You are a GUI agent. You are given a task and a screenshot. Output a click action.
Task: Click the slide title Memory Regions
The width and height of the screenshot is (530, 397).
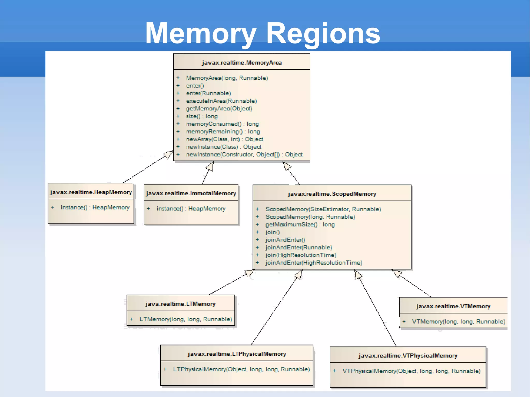[262, 33]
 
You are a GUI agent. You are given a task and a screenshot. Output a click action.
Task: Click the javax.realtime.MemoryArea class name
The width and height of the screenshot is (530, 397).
[242, 63]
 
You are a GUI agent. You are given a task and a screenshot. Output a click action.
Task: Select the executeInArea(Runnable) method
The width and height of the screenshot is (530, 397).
[221, 101]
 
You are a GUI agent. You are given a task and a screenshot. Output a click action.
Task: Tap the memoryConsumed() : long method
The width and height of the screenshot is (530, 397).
[222, 124]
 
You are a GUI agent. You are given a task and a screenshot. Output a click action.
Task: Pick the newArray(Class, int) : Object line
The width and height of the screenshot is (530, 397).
[224, 139]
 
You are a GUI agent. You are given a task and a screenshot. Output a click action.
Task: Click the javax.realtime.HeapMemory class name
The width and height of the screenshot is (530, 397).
[91, 192]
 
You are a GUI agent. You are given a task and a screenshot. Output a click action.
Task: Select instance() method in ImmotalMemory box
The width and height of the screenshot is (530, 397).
[191, 208]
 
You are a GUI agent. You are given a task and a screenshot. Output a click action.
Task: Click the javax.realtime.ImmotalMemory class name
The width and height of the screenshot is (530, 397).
[191, 193]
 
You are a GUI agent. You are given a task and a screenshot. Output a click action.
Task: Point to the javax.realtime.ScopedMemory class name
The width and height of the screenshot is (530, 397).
[332, 194]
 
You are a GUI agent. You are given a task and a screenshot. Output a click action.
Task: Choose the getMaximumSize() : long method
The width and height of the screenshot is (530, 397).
[300, 224]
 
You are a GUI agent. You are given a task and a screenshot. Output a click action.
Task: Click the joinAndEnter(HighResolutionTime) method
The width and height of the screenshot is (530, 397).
[314, 263]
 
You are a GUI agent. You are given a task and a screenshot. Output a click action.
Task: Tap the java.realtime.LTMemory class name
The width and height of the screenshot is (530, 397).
[180, 304]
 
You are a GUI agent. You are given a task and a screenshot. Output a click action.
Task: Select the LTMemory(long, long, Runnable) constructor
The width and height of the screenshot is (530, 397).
[186, 319]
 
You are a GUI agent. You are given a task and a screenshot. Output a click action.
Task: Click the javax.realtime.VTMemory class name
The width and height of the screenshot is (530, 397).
[453, 306]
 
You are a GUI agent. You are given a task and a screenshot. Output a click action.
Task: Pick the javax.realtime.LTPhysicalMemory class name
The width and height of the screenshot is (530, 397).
[237, 354]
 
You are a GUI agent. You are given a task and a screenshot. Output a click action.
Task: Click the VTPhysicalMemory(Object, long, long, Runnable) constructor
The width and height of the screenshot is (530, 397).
[411, 371]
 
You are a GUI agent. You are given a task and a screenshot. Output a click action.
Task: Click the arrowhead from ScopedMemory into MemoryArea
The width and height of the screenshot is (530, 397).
[286, 166]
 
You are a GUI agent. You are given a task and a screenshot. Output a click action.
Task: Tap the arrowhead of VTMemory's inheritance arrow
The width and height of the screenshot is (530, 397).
[397, 273]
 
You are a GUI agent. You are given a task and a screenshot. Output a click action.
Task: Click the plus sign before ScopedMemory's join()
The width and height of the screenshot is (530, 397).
[257, 232]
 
